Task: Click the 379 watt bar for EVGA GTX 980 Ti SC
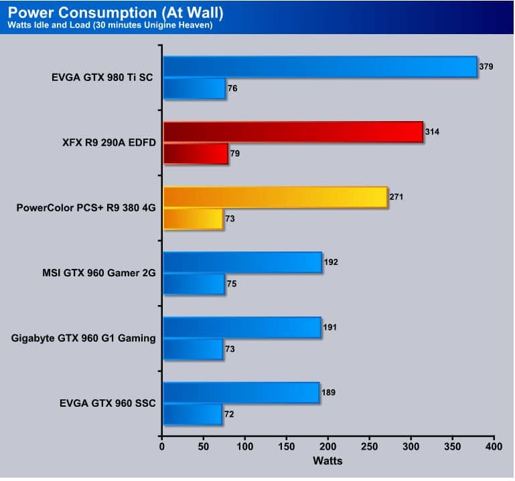(x=319, y=67)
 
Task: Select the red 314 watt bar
(x=293, y=132)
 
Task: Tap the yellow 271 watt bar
(x=275, y=197)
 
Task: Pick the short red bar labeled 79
(x=195, y=154)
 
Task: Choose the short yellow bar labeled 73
(x=193, y=219)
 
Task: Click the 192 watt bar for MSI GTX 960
(x=242, y=262)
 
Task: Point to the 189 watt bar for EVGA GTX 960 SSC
(x=240, y=393)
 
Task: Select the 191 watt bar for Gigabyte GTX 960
(x=242, y=327)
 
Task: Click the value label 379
(x=486, y=67)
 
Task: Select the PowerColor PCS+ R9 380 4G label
(x=86, y=207)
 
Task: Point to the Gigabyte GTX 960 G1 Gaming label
(x=84, y=339)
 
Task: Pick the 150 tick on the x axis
(x=287, y=446)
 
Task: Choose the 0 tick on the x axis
(x=162, y=446)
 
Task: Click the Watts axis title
(x=327, y=461)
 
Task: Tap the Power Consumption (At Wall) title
(x=117, y=13)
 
